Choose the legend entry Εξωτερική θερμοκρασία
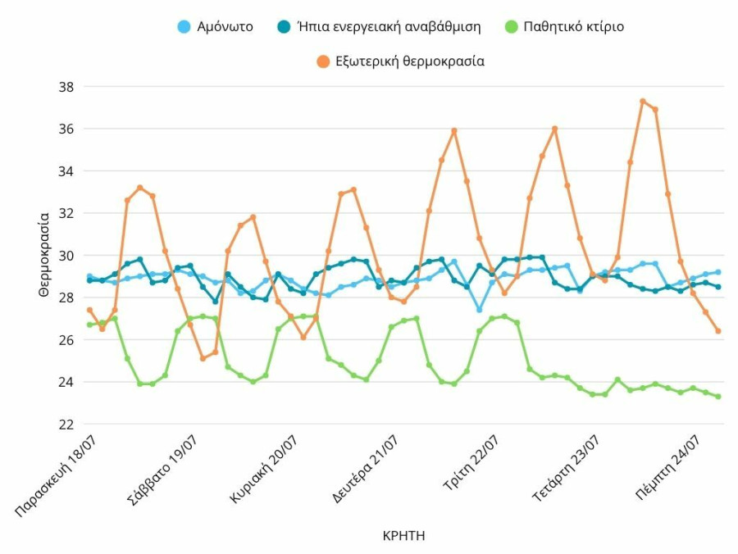(409, 61)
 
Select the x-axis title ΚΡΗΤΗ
(403, 536)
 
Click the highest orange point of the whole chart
(643, 102)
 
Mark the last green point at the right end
(718, 397)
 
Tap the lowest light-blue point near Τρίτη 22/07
(480, 310)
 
